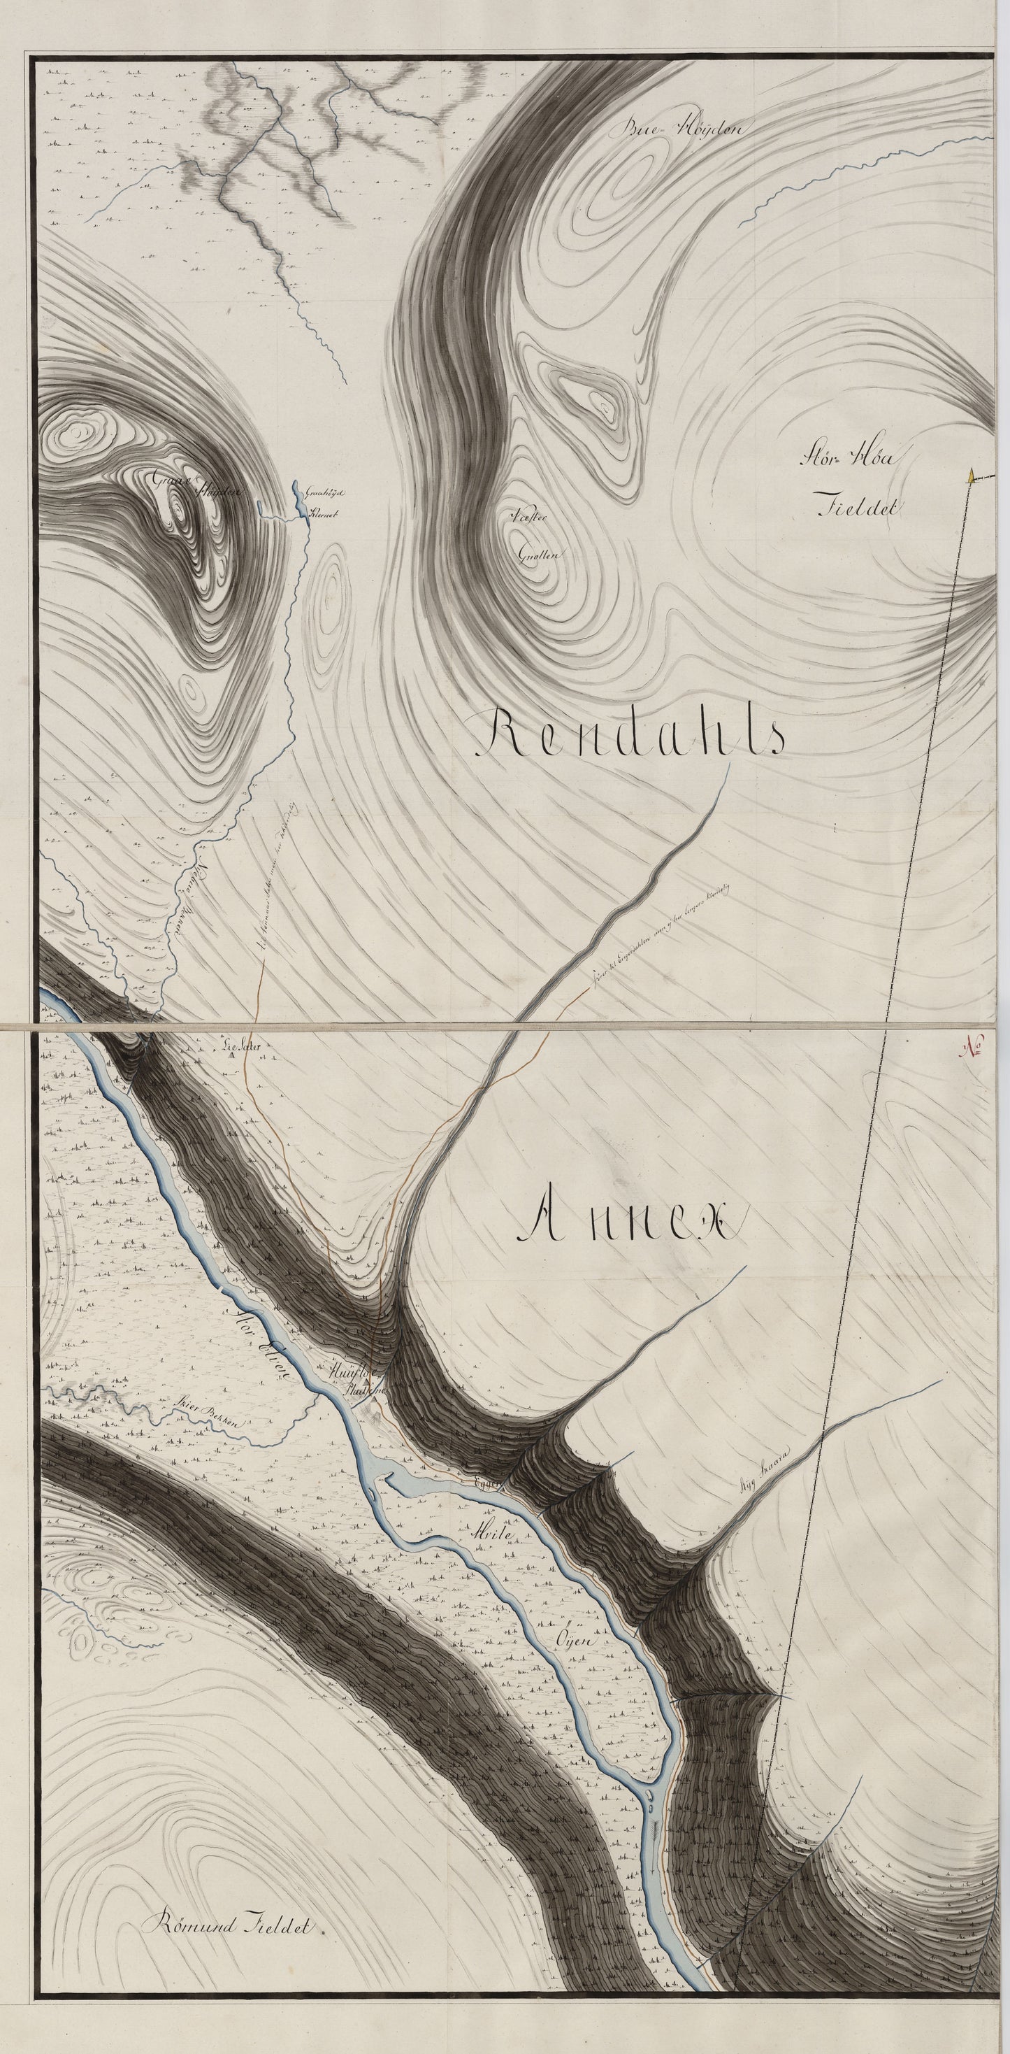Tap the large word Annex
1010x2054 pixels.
pyautogui.click(x=628, y=1217)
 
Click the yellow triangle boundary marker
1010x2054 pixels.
pyautogui.click(x=970, y=476)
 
